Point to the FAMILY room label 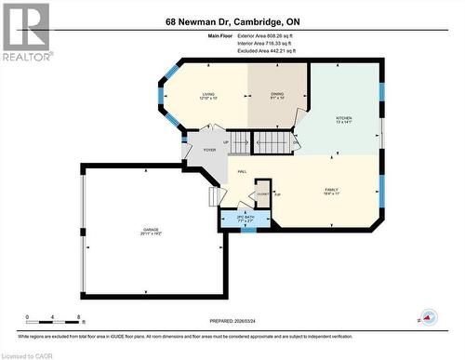[x=331, y=190]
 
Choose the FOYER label [x=209, y=150]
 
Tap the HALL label [x=242, y=172]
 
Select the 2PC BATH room [x=244, y=220]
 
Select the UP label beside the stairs [x=225, y=142]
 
